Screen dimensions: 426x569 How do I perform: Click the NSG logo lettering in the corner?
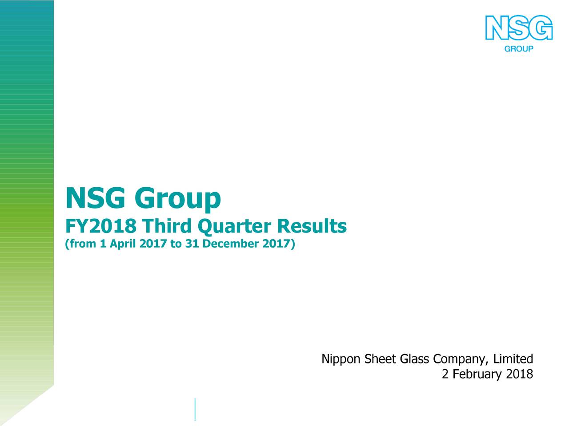519,28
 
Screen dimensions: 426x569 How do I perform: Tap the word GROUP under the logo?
518,49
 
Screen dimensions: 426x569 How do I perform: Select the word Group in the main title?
177,200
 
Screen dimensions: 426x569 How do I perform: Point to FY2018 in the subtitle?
100,227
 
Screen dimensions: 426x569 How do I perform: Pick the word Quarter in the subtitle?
234,228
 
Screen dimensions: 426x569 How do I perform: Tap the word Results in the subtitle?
311,227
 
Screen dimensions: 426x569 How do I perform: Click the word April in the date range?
123,245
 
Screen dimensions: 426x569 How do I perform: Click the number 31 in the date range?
191,244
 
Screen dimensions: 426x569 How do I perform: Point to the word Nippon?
341,359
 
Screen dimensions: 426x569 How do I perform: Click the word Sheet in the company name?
381,359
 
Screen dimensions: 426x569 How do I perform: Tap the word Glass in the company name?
416,359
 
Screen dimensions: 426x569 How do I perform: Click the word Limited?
513,359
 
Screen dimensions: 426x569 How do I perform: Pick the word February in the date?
477,375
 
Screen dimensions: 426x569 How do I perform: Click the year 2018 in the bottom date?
519,375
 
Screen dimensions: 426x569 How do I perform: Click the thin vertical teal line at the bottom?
195,409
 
